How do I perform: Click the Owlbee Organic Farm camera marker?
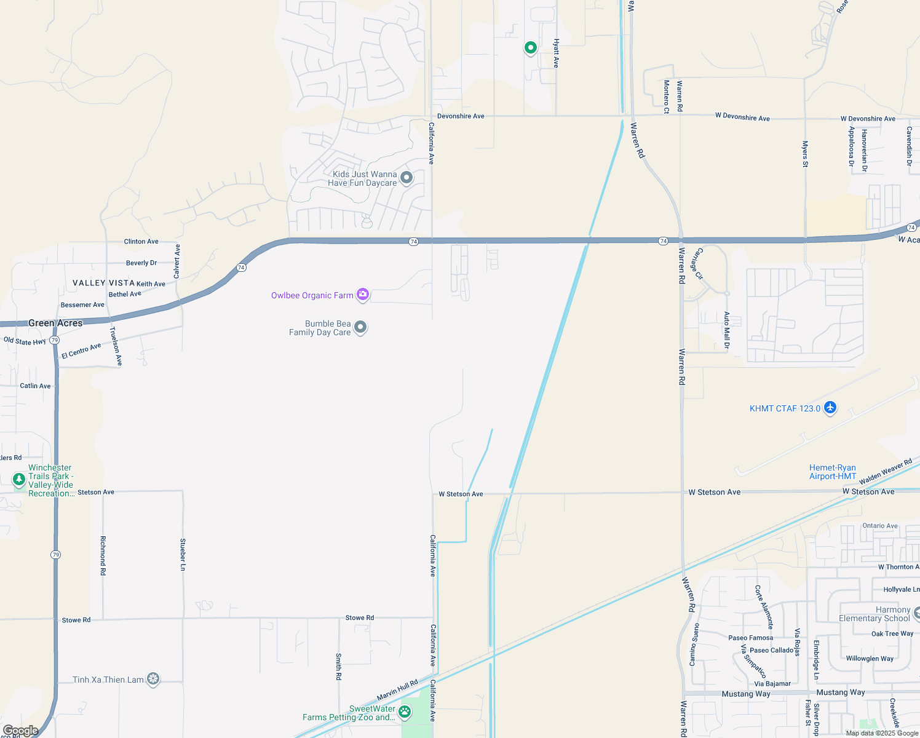tap(363, 295)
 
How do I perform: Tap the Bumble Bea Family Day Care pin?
tap(360, 327)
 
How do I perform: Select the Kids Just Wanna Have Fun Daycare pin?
tap(406, 178)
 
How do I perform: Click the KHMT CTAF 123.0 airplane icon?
tap(830, 408)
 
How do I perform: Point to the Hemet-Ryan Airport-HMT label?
tap(832, 472)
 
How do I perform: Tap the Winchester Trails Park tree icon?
tap(19, 478)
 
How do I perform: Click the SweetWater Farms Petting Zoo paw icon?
tap(404, 712)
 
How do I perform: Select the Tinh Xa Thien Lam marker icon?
tap(153, 679)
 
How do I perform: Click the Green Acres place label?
tap(55, 323)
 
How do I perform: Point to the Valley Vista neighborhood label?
tap(103, 283)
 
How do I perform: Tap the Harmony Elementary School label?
tap(874, 614)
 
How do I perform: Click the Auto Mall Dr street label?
tap(727, 330)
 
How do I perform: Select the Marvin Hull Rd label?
tap(397, 689)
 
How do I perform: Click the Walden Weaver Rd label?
tap(886, 472)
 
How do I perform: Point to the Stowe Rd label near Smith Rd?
tap(360, 617)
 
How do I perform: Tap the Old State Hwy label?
tap(25, 341)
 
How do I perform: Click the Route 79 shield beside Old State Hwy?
tap(55, 340)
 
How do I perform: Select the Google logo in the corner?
tap(20, 731)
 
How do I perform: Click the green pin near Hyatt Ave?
tap(530, 47)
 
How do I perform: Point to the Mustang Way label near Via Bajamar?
tap(746, 694)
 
